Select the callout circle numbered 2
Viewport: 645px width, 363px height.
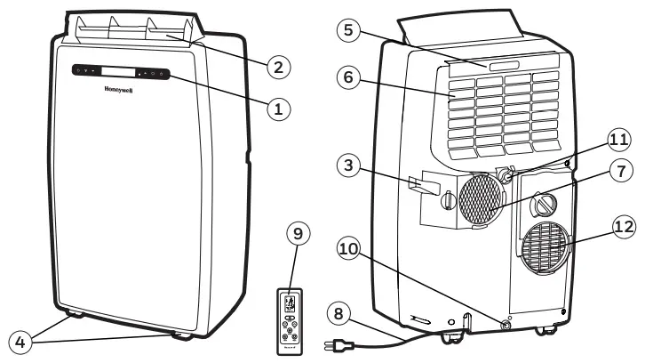[x=278, y=66]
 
